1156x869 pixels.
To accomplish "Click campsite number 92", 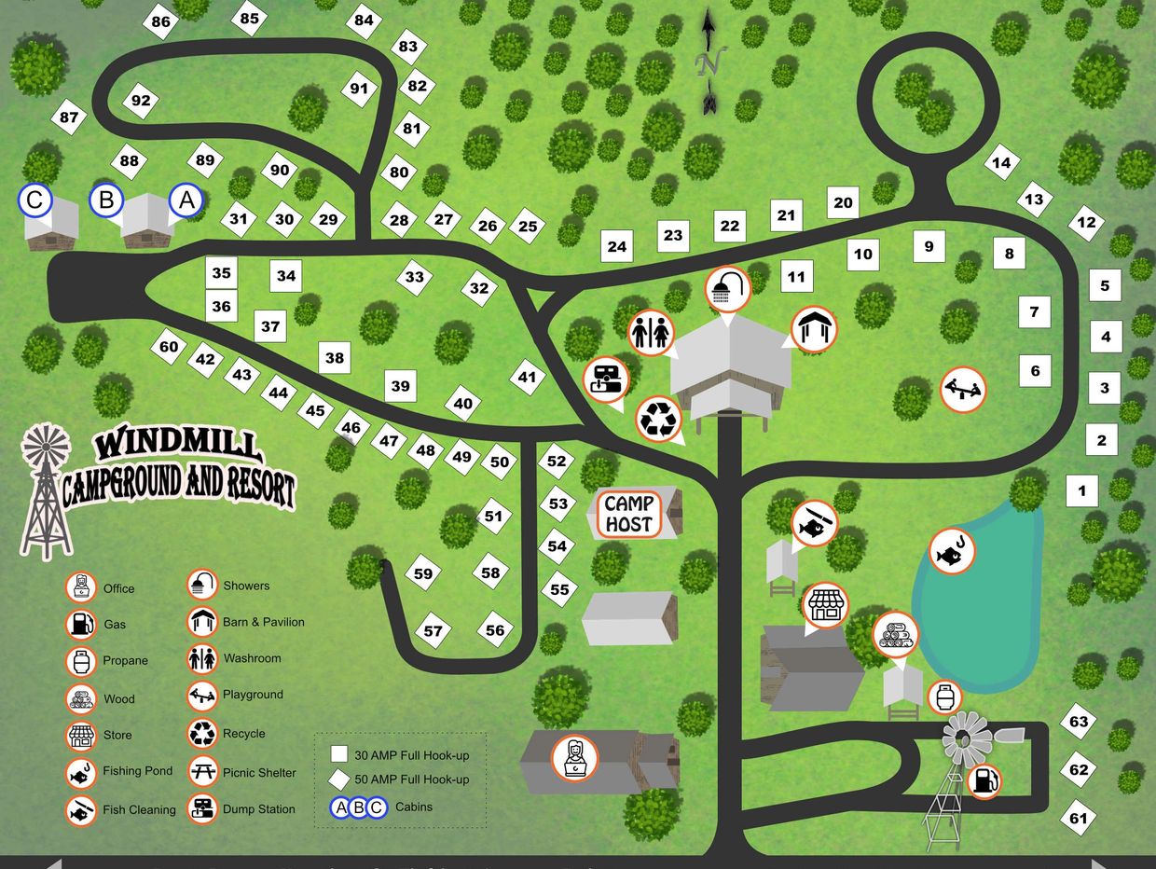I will click(x=141, y=102).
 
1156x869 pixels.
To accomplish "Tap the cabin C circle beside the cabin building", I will click(x=35, y=200).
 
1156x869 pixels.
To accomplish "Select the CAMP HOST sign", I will click(x=629, y=514).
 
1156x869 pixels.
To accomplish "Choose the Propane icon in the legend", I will click(x=81, y=661).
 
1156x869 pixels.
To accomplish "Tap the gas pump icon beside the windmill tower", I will click(x=984, y=780).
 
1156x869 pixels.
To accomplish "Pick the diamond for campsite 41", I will click(x=528, y=378).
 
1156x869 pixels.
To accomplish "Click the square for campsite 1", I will click(x=1082, y=490).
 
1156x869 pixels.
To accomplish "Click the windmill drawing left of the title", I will click(x=46, y=490).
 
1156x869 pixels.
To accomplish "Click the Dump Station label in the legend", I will click(x=258, y=809).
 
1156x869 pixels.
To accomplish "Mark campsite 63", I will click(x=1079, y=722).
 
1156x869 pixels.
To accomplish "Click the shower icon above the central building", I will click(x=728, y=289).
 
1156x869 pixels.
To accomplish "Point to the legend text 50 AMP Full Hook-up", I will click(x=411, y=779).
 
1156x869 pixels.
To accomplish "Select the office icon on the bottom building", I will click(x=574, y=756).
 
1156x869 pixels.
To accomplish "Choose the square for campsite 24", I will click(x=616, y=247).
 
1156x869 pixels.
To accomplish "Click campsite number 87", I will click(x=68, y=117).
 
